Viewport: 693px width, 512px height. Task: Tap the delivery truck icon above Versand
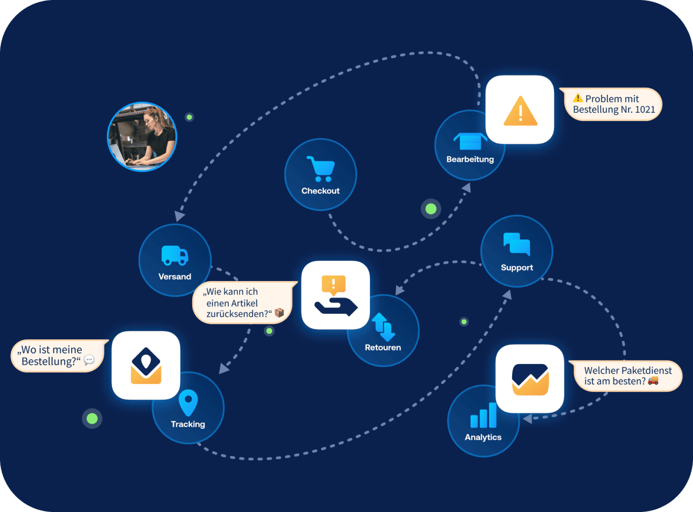click(175, 256)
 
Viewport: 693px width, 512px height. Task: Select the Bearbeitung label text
click(470, 159)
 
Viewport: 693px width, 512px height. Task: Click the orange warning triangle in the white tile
click(520, 111)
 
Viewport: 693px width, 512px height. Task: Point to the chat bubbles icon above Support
click(517, 244)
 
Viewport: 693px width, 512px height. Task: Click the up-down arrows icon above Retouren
click(383, 327)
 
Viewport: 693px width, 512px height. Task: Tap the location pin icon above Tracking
click(188, 402)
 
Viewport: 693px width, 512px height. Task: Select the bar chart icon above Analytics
click(483, 415)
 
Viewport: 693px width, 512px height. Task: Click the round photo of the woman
click(142, 137)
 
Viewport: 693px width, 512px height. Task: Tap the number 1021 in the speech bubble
click(645, 110)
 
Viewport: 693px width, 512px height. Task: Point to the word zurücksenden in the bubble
click(237, 314)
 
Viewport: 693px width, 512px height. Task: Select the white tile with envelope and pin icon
click(146, 365)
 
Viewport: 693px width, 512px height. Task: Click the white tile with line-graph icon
click(530, 378)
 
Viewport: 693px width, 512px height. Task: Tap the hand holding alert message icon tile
click(335, 295)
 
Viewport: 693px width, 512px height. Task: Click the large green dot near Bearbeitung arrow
click(431, 209)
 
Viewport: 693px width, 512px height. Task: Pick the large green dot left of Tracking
click(92, 419)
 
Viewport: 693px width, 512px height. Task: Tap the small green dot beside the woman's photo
click(189, 117)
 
